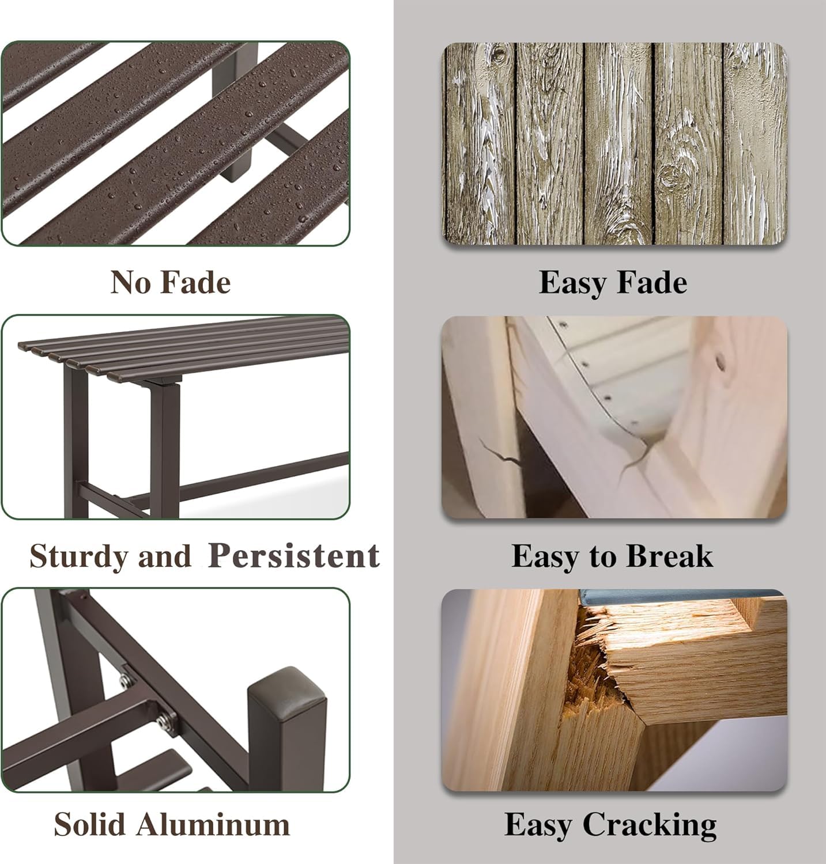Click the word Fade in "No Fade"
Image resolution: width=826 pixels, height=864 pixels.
pos(195,282)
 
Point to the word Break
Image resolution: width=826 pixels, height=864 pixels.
pos(669,556)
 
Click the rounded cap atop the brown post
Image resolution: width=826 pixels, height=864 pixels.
pos(286,687)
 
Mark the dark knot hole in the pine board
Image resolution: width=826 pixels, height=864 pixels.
pos(721,362)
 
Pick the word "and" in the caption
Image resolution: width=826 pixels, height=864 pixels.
pos(164,557)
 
